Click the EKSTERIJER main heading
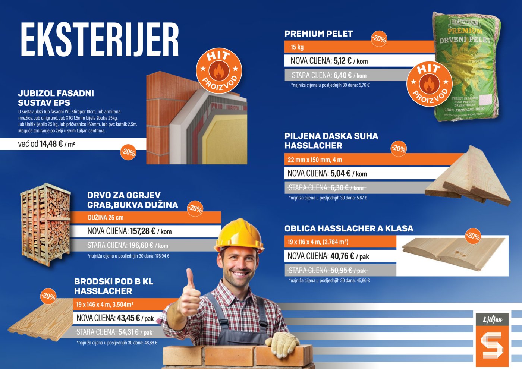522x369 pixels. click(100, 40)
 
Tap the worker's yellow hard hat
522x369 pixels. click(239, 236)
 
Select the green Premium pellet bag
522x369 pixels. click(466, 66)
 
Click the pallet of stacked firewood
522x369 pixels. click(45, 224)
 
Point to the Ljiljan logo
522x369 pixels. click(492, 340)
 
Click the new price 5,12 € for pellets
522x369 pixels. click(342, 61)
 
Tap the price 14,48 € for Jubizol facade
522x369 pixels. click(51, 144)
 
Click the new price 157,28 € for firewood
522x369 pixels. click(142, 231)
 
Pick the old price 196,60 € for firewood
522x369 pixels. click(141, 245)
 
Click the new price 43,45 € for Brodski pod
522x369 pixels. click(128, 318)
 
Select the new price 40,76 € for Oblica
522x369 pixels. click(342, 256)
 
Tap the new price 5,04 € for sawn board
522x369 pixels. click(340, 174)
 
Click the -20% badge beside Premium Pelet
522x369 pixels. click(379, 39)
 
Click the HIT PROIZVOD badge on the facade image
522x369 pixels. click(219, 70)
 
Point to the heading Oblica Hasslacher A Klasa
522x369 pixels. click(349, 228)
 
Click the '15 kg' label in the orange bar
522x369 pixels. click(297, 47)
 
